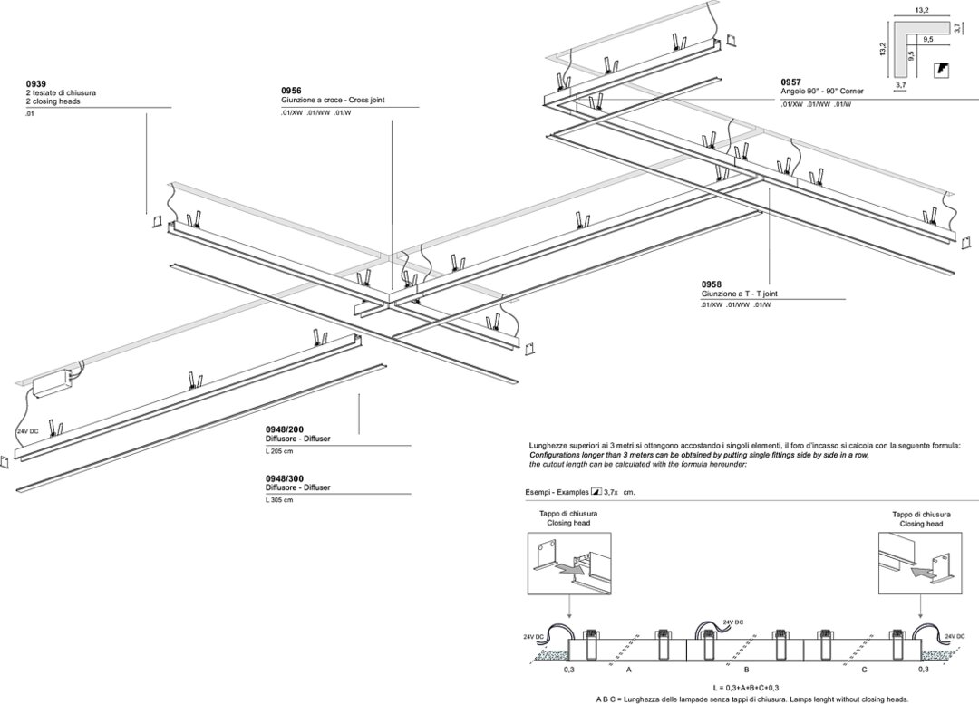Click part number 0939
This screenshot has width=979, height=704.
pyautogui.click(x=34, y=84)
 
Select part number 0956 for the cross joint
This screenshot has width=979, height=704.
pyautogui.click(x=291, y=91)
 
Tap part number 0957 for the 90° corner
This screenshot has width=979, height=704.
pyautogui.click(x=791, y=82)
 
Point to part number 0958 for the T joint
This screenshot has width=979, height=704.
pyautogui.click(x=712, y=284)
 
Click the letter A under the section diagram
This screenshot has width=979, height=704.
pyautogui.click(x=628, y=670)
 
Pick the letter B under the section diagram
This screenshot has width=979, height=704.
pyautogui.click(x=744, y=670)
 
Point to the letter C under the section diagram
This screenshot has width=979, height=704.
pyautogui.click(x=864, y=670)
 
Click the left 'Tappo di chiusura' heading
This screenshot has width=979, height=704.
pyautogui.click(x=567, y=514)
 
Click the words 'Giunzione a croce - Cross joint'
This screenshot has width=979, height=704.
pyautogui.click(x=333, y=101)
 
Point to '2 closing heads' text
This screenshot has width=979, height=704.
pyautogui.click(x=53, y=102)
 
